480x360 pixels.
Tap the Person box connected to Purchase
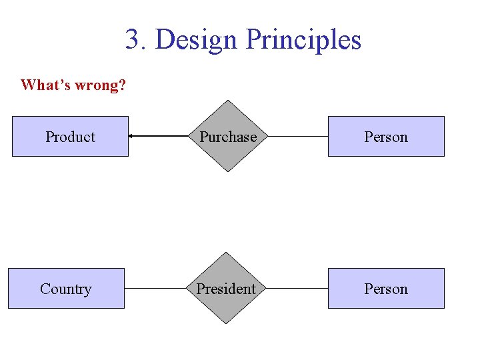point(385,137)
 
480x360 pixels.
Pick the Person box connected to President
point(385,289)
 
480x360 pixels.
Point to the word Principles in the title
point(303,39)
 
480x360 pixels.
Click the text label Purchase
point(229,137)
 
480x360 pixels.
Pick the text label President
point(226,289)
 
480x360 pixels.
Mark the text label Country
point(66,289)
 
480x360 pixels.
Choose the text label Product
point(70,137)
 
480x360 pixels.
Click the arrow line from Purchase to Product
point(163,137)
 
